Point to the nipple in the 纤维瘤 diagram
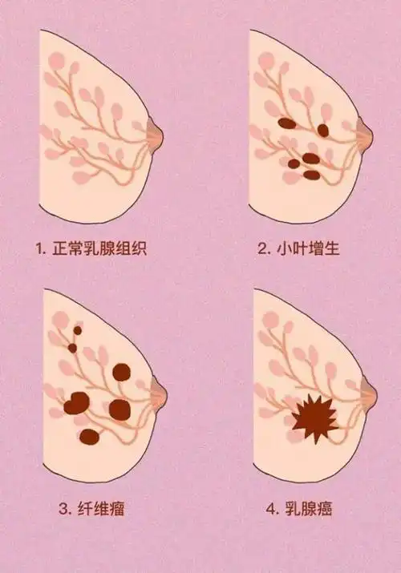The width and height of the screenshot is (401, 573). coord(160,392)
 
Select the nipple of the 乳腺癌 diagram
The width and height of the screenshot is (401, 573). coord(370,392)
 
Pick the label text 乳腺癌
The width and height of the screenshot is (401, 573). coord(310,507)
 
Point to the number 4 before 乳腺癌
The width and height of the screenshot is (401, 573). coord(269,508)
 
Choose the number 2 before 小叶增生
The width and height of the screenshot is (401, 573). coord(262,248)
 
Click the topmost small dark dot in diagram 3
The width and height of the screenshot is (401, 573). coord(78,329)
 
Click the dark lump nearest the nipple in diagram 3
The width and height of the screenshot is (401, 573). coord(121,371)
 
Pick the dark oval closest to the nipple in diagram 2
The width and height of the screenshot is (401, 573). coord(323,130)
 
